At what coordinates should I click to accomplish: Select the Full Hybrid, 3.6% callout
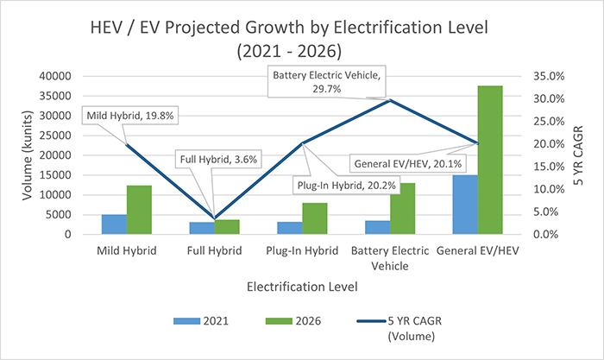coord(218,159)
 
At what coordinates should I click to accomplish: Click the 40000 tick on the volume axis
coord(58,76)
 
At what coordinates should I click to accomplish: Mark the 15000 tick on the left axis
coord(58,175)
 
